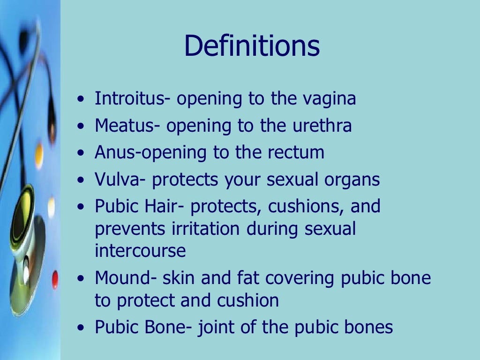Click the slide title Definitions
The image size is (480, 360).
click(252, 47)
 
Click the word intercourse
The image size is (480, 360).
click(140, 251)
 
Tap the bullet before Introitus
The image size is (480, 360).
click(82, 100)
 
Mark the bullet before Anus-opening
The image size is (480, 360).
click(82, 153)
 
